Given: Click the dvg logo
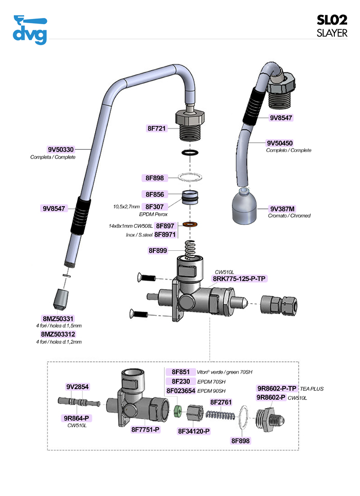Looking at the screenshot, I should click(30, 30).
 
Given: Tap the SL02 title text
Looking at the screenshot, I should click(332, 20).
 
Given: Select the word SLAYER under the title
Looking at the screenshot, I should click(332, 33).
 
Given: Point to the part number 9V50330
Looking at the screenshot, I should click(61, 149).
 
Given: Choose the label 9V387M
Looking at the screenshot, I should click(282, 209).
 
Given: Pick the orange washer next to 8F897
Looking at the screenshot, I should click(191, 225).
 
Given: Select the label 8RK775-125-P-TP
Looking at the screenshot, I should click(240, 279).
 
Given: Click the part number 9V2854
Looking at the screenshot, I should click(78, 387).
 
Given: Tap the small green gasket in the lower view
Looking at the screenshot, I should click(177, 410).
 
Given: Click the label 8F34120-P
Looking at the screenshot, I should click(194, 431).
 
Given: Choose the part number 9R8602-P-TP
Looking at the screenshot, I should click(277, 388).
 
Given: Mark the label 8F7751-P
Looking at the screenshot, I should click(146, 429).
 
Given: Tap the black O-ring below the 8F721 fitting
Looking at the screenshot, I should click(191, 153).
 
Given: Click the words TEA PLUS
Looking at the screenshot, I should click(312, 389).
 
